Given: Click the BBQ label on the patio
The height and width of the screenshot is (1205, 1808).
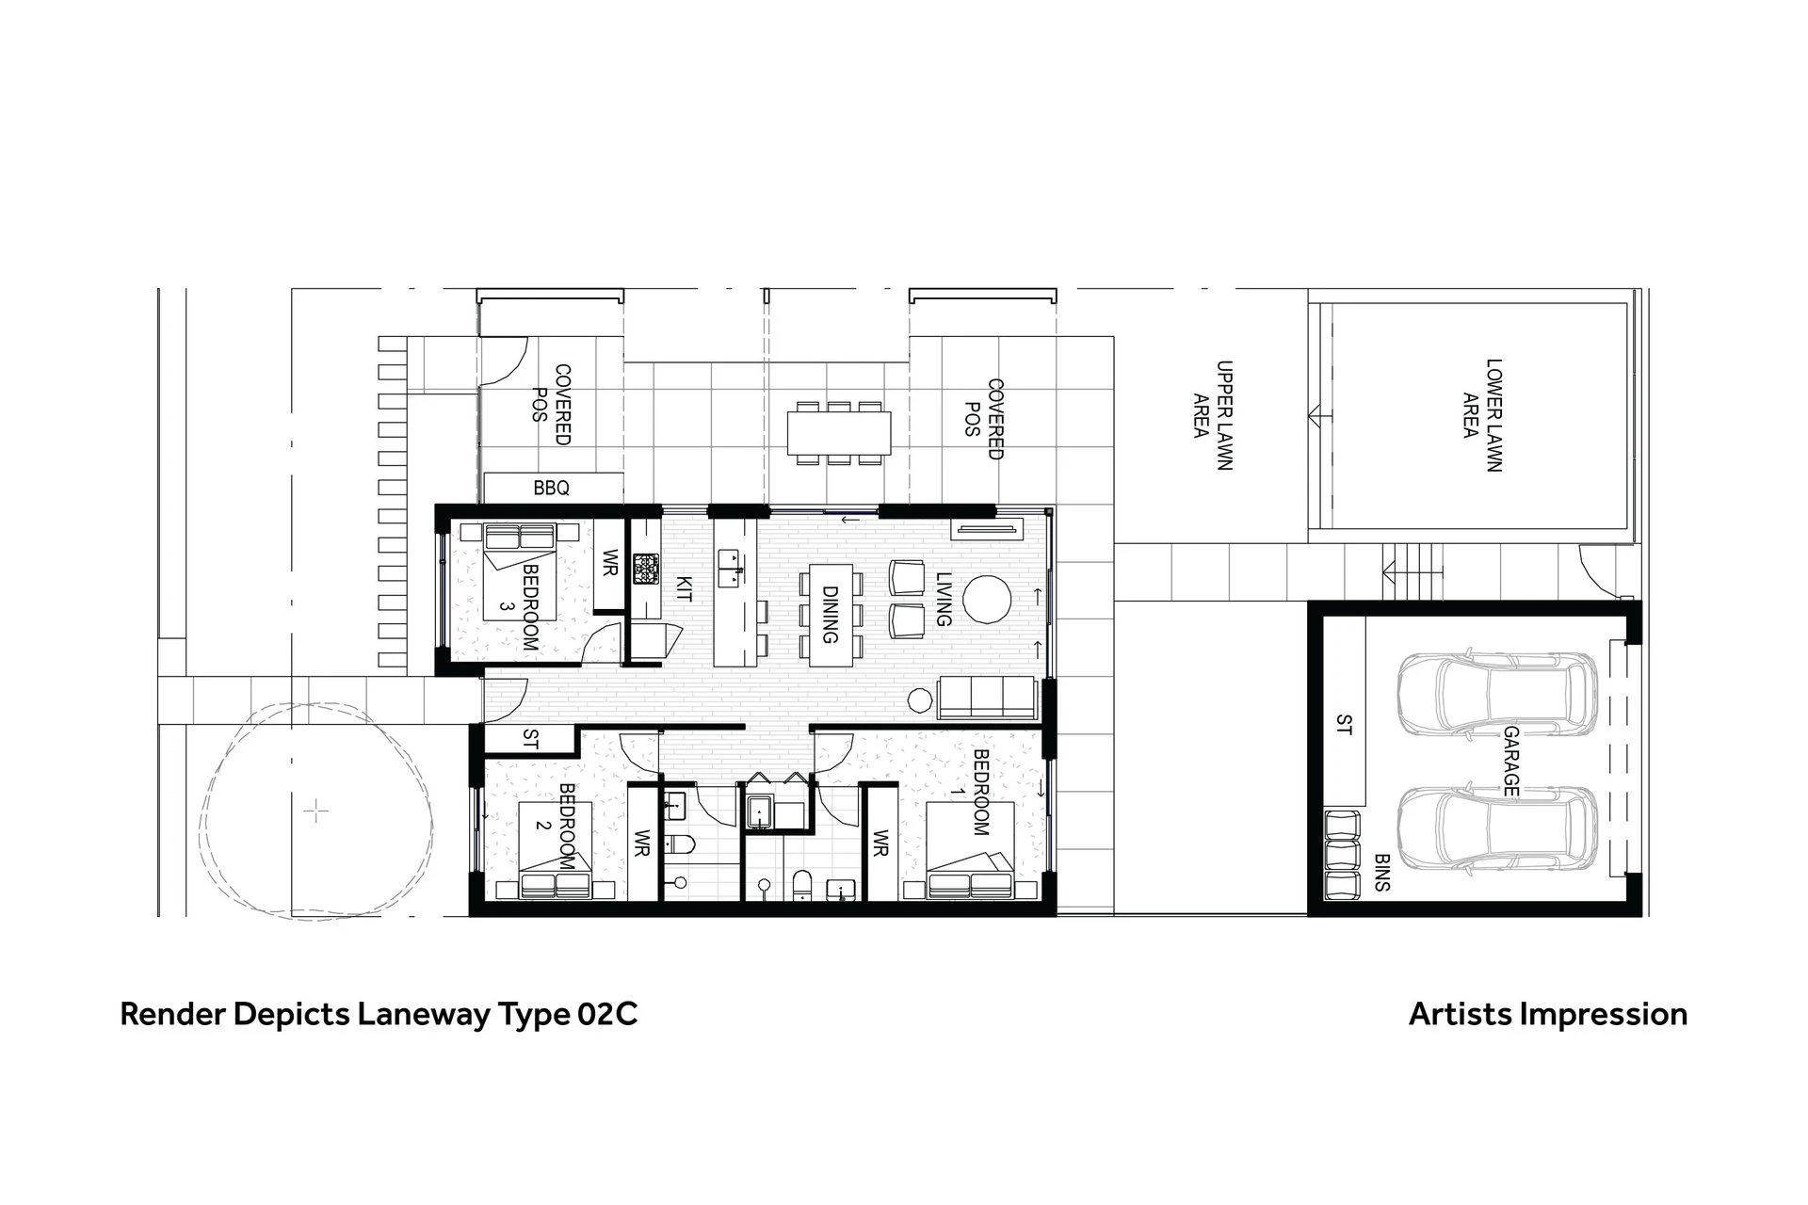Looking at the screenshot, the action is pos(551,489).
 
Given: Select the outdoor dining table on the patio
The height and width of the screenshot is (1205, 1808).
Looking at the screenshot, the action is pos(839,433).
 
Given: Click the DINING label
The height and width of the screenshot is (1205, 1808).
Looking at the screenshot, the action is pos(830,615).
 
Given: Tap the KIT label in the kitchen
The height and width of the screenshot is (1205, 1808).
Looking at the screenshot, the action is pos(685,589).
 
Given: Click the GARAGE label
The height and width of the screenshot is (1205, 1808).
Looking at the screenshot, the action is pos(1511,761).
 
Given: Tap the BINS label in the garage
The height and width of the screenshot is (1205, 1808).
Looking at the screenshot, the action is pos(1382,873).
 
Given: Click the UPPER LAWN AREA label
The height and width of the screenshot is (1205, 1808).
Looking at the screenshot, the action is pos(1213,415).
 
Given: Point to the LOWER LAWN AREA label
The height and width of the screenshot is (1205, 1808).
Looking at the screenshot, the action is pos(1482,414).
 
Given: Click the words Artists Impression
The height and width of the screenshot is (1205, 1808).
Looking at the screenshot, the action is pos(1548,1014).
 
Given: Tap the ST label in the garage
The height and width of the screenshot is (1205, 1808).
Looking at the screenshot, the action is pos(1345,725).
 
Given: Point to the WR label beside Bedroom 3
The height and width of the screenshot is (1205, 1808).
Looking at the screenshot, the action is pos(609,564).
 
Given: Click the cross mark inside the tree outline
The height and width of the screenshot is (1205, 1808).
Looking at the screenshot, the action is pos(317,811).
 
